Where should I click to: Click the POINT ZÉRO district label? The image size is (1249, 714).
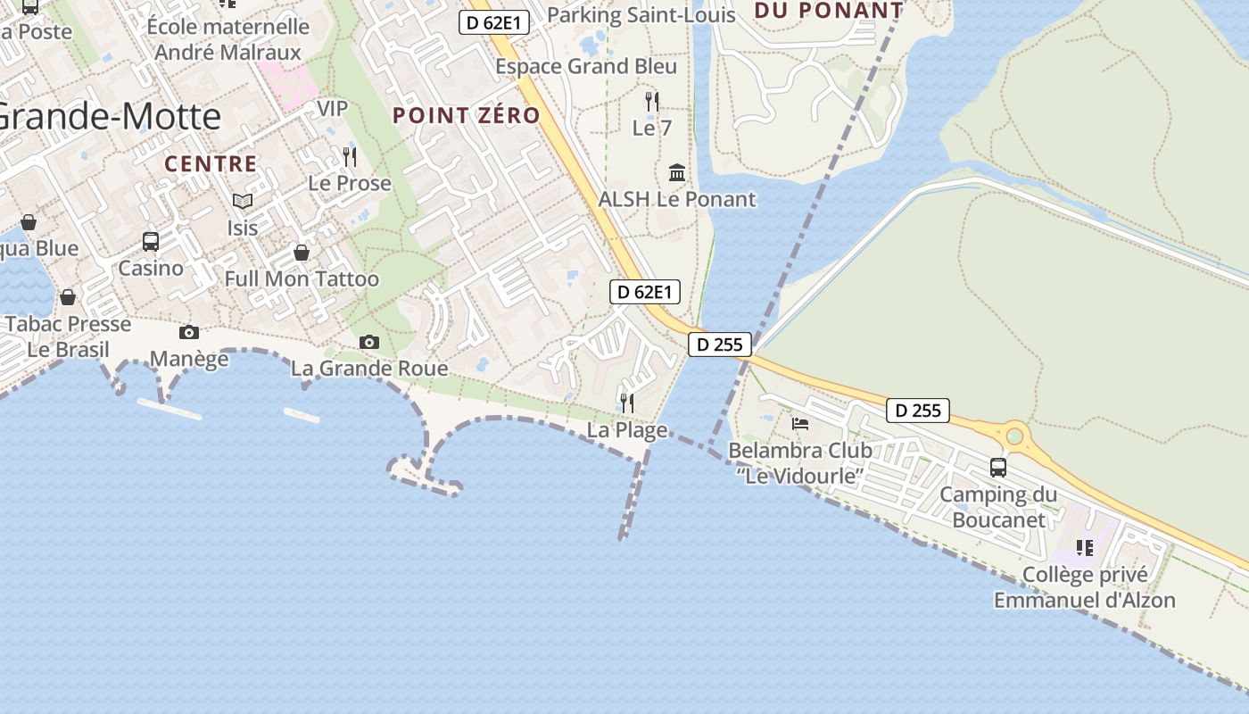(467, 115)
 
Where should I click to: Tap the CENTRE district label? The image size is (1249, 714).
(211, 164)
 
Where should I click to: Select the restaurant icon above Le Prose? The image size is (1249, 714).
(350, 157)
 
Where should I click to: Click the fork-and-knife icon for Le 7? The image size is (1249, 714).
(652, 102)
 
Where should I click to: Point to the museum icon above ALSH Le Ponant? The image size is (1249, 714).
(677, 172)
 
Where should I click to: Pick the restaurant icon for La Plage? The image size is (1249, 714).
(627, 403)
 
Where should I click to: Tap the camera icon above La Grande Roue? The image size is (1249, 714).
(369, 342)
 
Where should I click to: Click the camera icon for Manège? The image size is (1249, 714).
(189, 333)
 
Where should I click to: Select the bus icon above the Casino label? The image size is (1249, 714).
(151, 241)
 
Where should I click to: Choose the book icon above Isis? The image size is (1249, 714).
(243, 201)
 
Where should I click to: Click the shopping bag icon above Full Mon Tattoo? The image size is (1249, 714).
(302, 253)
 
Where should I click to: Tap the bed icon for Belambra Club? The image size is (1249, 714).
(800, 424)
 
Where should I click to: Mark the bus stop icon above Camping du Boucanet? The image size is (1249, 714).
(998, 467)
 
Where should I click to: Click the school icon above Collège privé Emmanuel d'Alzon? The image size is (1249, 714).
(1085, 548)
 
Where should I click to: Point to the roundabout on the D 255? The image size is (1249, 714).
(1014, 436)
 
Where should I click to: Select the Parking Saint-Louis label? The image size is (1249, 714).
(641, 14)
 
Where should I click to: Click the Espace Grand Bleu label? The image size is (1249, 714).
(586, 66)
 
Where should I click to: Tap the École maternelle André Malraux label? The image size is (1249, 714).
(228, 39)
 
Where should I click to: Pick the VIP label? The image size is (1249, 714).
(333, 108)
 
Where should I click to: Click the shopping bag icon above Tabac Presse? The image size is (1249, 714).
(68, 297)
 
